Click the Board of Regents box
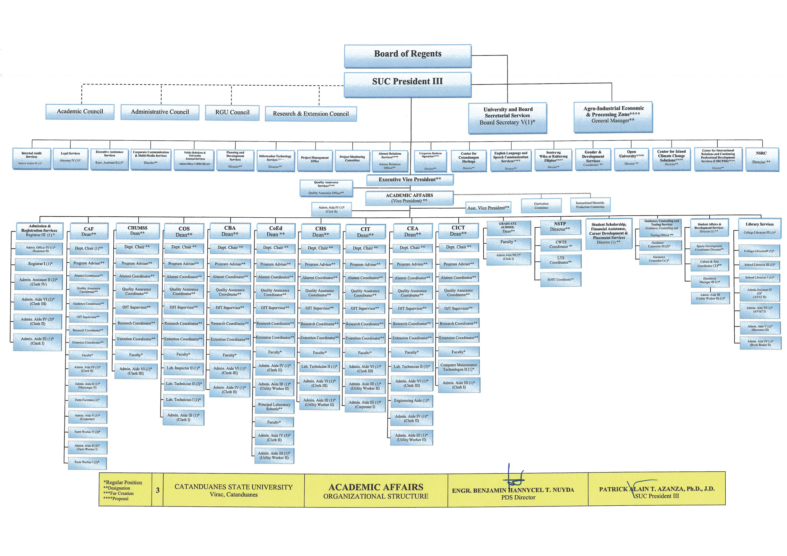pyautogui.click(x=407, y=55)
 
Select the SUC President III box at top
pyautogui.click(x=407, y=84)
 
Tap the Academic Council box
pyautogui.click(x=80, y=112)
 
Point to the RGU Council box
pyautogui.click(x=232, y=113)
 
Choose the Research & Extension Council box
pyautogui.click(x=311, y=114)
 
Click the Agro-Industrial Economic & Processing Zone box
pyautogui.click(x=613, y=117)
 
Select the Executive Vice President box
pyautogui.click(x=409, y=180)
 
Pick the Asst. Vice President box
pyautogui.click(x=488, y=208)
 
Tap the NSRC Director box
pyautogui.click(x=762, y=159)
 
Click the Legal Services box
pyautogui.click(x=70, y=158)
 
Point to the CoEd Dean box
pyautogui.click(x=276, y=231)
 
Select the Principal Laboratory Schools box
pyautogui.click(x=274, y=407)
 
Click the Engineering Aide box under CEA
pyautogui.click(x=412, y=401)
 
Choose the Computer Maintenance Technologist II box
pyautogui.click(x=458, y=367)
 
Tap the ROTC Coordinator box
pyautogui.click(x=560, y=279)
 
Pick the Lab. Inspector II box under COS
pyautogui.click(x=183, y=368)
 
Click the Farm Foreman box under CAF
pyautogui.click(x=87, y=400)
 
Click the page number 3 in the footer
pyautogui.click(x=157, y=490)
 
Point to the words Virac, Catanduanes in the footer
pyautogui.click(x=233, y=495)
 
